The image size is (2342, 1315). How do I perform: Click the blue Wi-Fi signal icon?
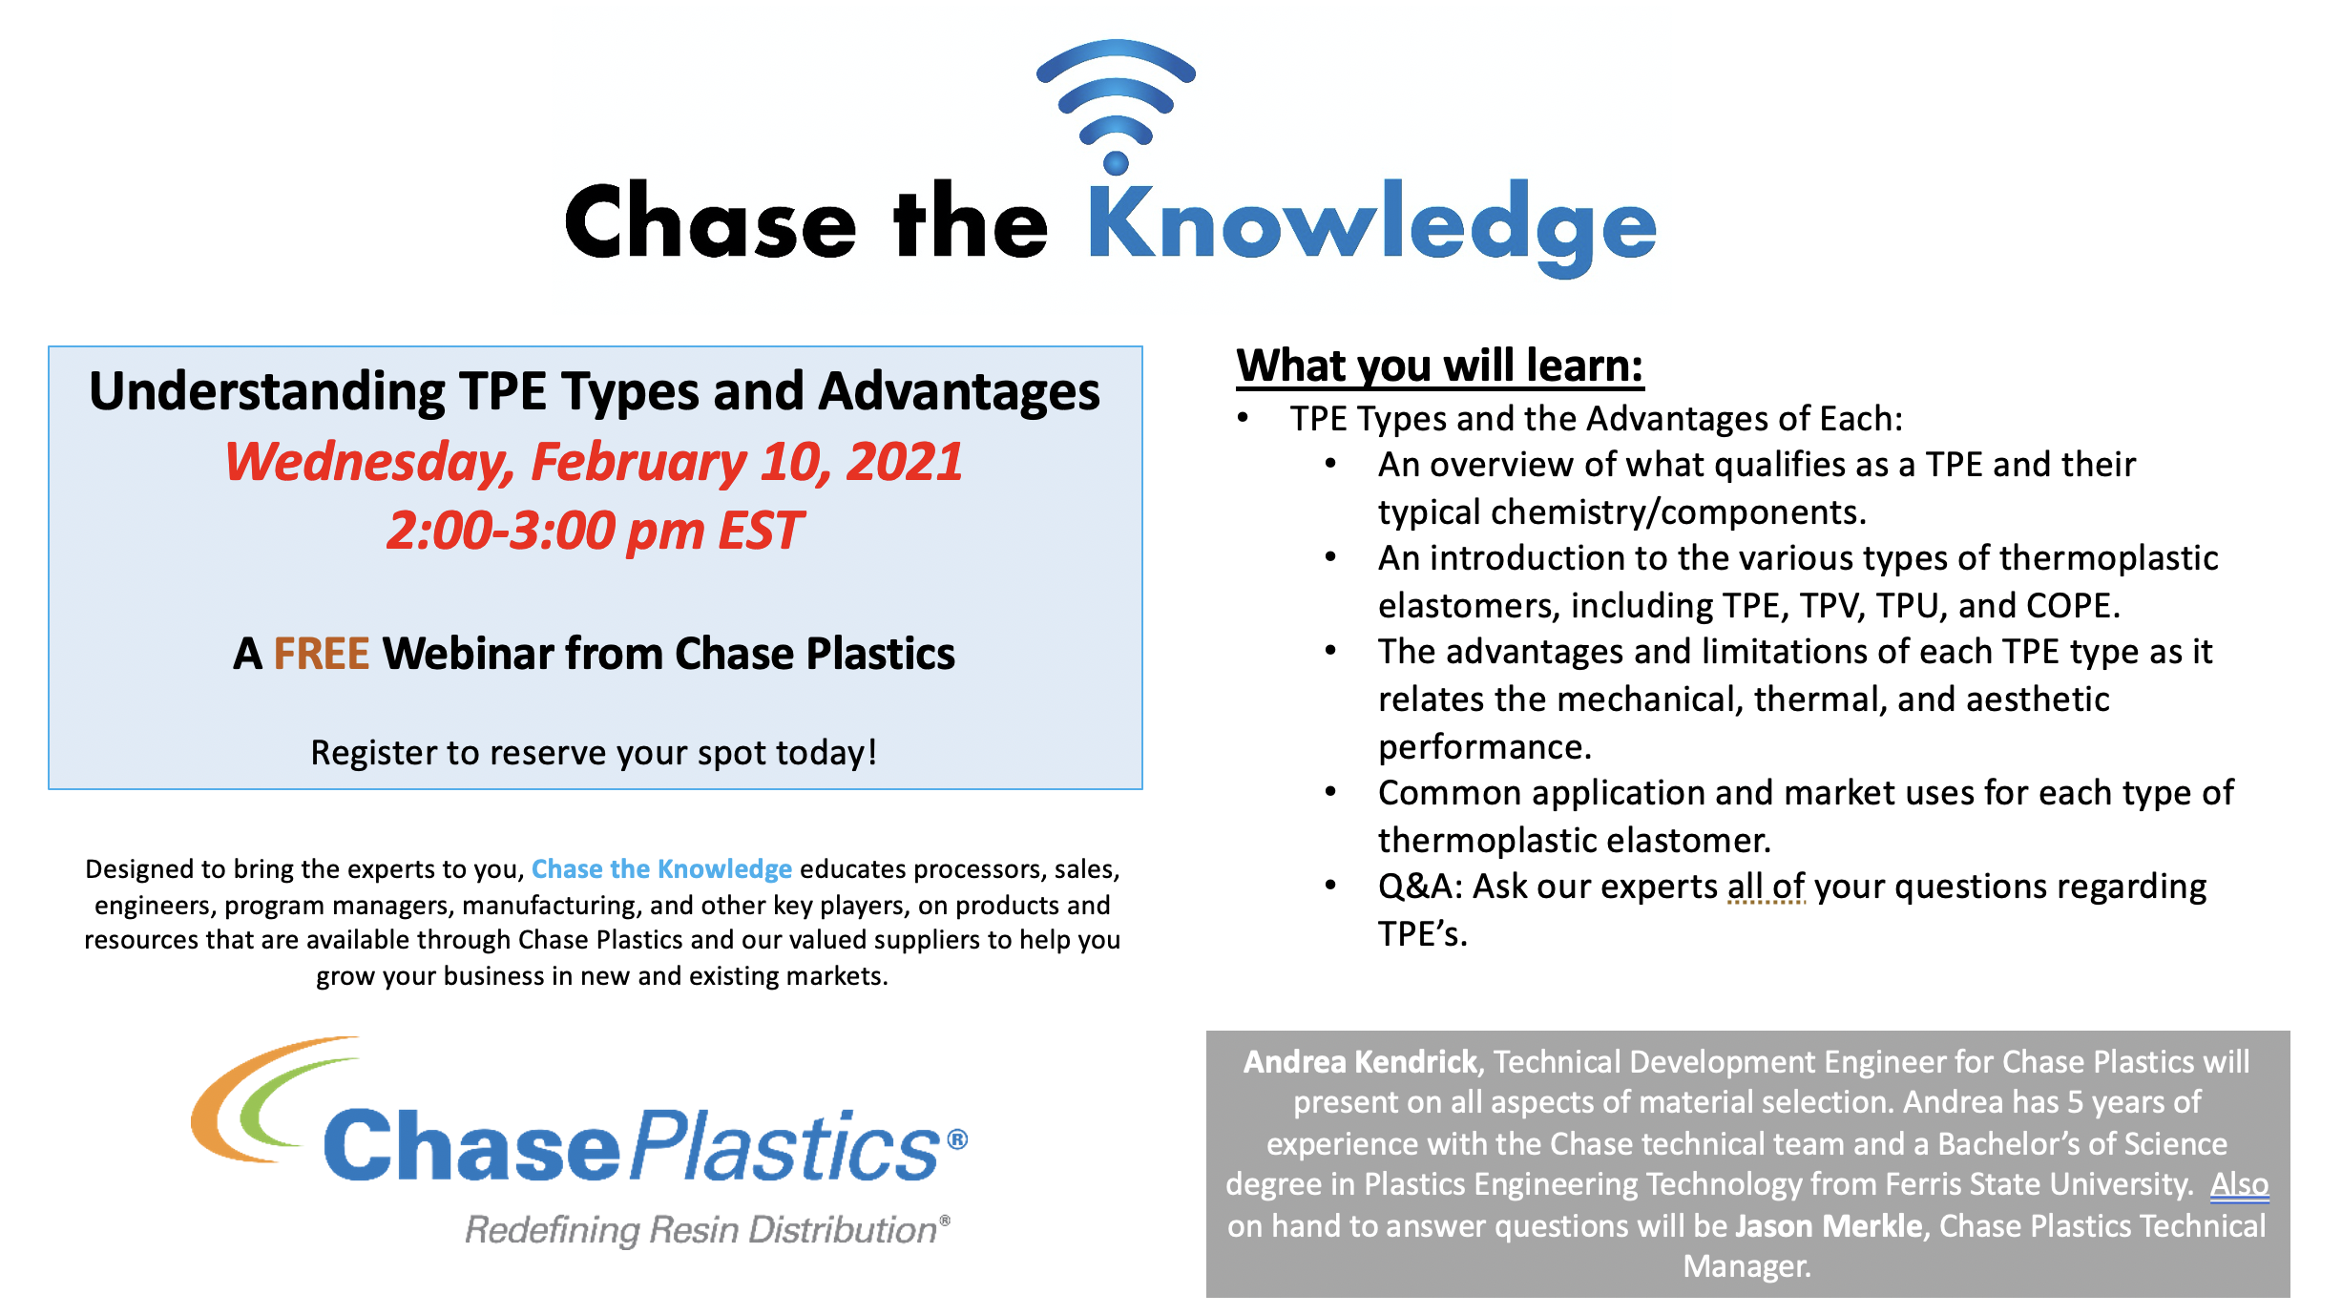click(x=1116, y=105)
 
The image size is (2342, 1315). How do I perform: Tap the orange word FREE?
click(x=322, y=654)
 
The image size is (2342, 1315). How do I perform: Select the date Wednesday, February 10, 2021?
click(x=594, y=462)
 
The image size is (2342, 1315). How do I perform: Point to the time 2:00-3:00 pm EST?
click(x=595, y=531)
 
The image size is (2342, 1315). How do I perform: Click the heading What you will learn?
click(x=1440, y=365)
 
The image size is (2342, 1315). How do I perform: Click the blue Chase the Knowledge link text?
click(x=661, y=869)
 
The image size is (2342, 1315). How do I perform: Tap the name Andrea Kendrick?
click(x=1360, y=1062)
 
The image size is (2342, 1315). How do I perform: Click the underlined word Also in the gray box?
click(x=2239, y=1184)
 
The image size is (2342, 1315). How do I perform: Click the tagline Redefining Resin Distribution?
click(x=701, y=1230)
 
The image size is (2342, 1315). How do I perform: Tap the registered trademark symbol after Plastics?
click(x=957, y=1139)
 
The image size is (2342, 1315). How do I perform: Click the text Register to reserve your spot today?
click(x=594, y=753)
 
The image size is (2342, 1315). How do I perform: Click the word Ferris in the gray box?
click(x=1923, y=1184)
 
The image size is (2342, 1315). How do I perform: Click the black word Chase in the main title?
click(x=711, y=222)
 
